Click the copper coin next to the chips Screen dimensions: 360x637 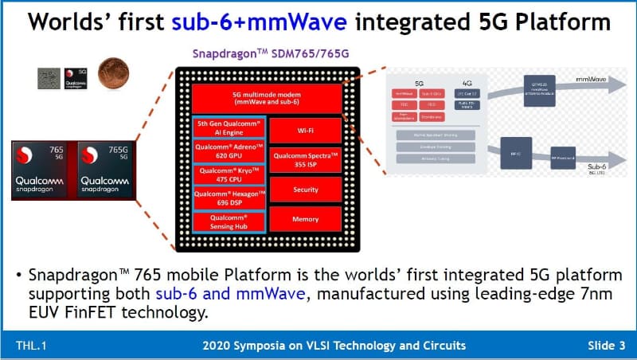(x=111, y=75)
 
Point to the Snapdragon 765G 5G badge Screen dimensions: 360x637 (x=104, y=170)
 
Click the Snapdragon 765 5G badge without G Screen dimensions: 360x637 (x=43, y=170)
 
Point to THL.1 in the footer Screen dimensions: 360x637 (x=30, y=345)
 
